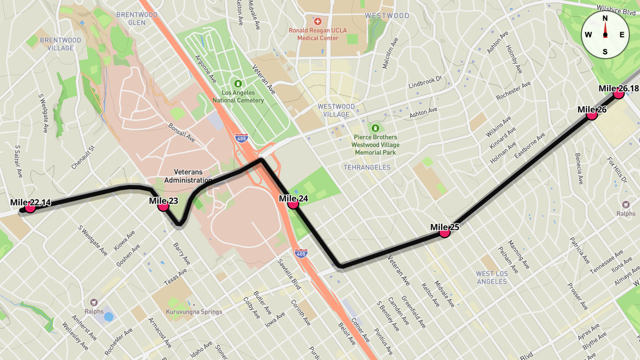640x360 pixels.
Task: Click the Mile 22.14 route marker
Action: point(30,207)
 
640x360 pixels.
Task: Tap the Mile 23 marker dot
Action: point(164,206)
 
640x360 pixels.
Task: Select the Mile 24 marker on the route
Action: point(293,203)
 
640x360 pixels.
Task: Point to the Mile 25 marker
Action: point(444,231)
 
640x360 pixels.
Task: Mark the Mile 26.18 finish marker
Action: point(619,93)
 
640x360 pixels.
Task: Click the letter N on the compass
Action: point(605,18)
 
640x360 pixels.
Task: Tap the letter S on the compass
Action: point(605,51)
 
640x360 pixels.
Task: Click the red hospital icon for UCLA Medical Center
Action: point(318,22)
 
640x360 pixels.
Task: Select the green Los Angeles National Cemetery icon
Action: point(238,84)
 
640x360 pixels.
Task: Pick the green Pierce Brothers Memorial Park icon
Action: point(376,128)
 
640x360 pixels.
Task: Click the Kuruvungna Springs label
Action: point(194,312)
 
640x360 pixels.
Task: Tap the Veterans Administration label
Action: point(188,176)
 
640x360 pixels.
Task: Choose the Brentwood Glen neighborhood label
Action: point(137,19)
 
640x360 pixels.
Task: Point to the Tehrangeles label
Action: point(367,167)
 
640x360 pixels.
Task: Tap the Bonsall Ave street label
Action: point(182,133)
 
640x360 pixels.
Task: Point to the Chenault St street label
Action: point(83,158)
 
